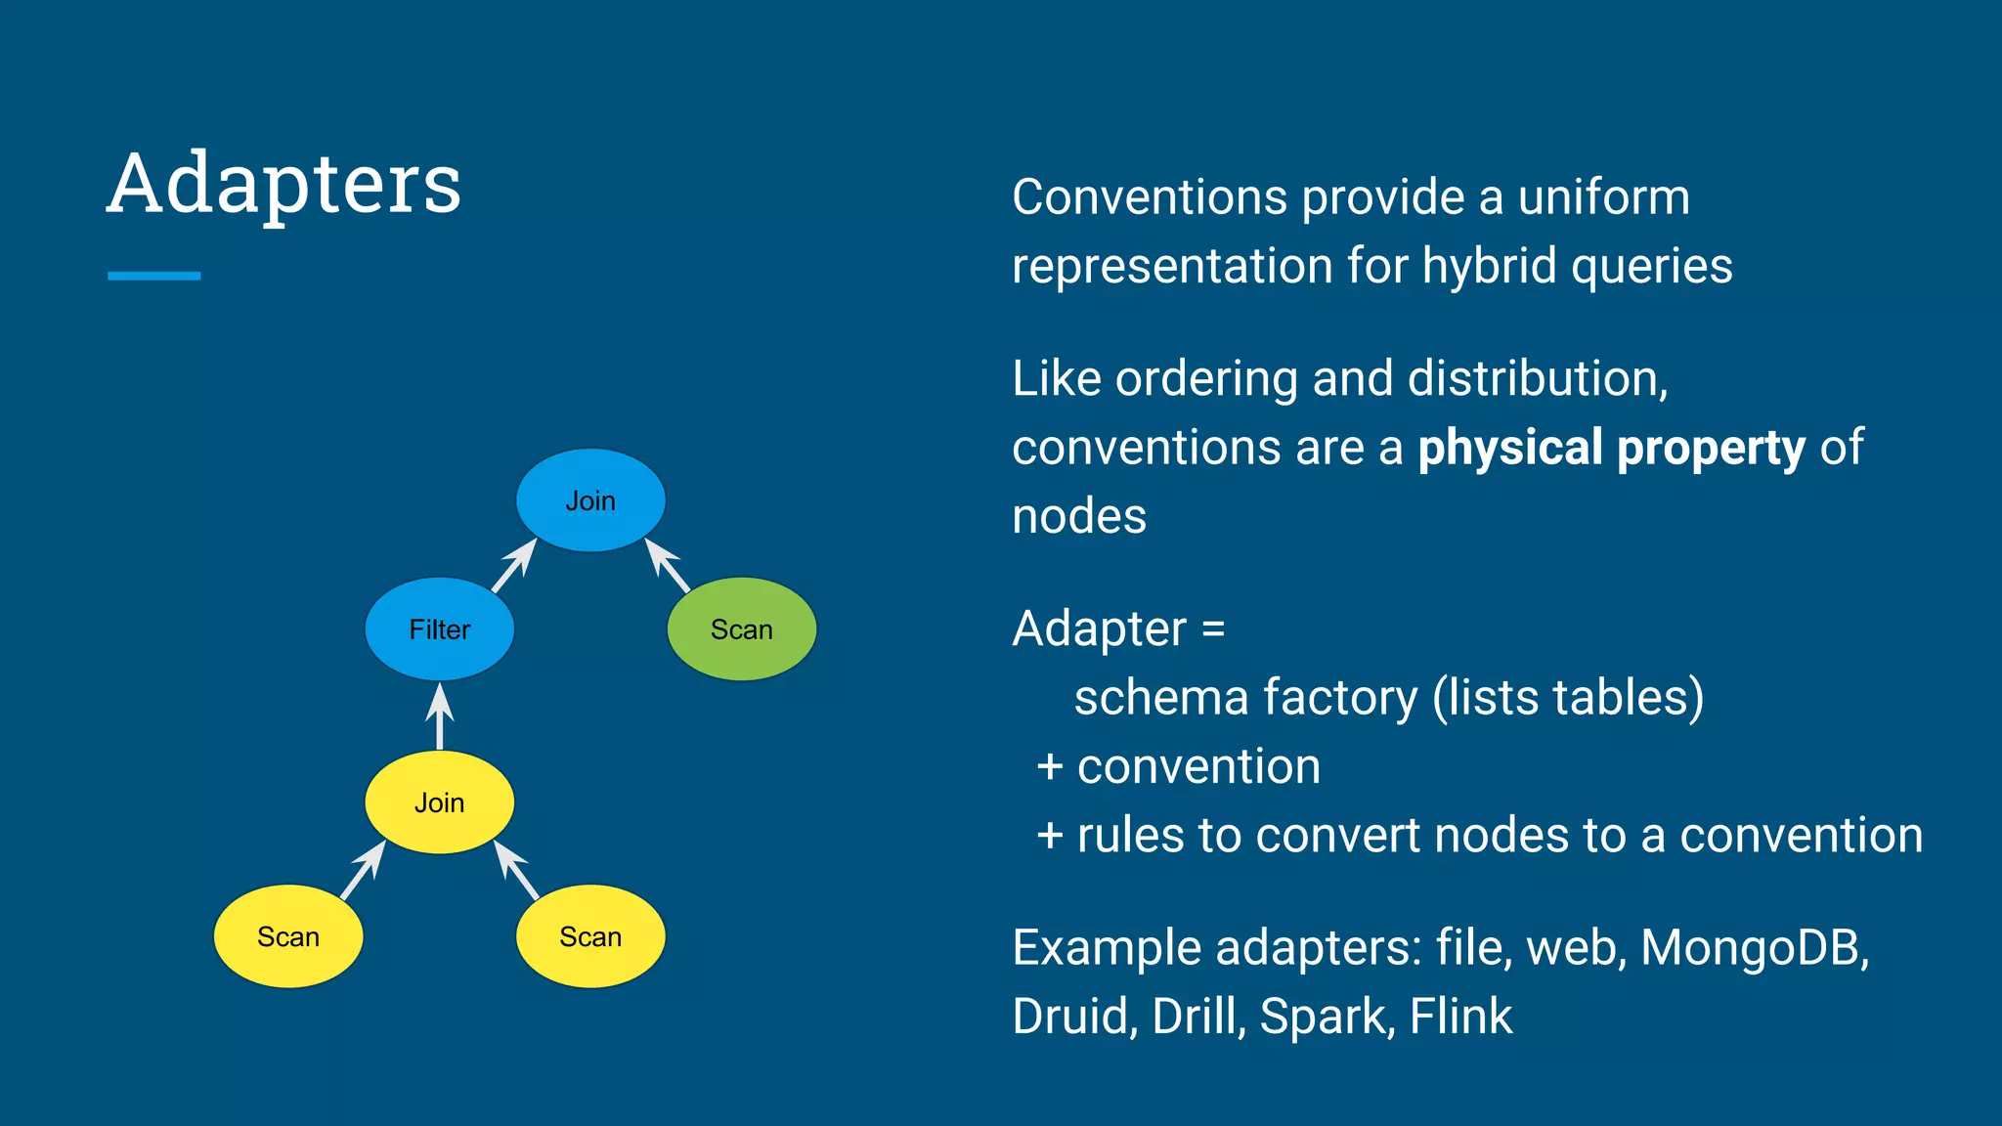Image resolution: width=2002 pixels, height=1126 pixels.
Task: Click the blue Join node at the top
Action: (x=590, y=500)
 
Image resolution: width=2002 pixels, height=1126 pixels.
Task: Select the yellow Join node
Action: (x=439, y=802)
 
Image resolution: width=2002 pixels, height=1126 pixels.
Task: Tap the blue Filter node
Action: (x=439, y=629)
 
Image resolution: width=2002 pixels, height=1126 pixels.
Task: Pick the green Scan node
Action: (x=741, y=629)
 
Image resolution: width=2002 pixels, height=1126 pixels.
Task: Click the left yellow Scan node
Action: (x=288, y=936)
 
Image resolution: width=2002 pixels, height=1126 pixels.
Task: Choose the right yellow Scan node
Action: (x=590, y=936)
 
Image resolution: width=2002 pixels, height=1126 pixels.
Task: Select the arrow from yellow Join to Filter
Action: (x=440, y=716)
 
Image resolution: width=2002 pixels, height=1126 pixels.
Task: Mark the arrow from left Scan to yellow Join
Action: (x=363, y=870)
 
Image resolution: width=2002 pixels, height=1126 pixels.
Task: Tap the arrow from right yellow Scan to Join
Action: (x=516, y=870)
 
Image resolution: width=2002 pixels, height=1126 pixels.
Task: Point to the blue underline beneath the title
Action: (x=153, y=276)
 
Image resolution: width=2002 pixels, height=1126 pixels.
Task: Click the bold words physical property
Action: (x=1611, y=449)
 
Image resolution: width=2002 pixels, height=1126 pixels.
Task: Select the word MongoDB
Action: (x=1754, y=947)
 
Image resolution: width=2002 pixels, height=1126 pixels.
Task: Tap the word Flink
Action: (x=1460, y=1017)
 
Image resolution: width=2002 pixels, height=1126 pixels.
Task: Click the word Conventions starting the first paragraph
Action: (x=1150, y=197)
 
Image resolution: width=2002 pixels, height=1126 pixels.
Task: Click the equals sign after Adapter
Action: (x=1213, y=628)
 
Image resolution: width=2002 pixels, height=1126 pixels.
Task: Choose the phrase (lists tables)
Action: (x=1568, y=698)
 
